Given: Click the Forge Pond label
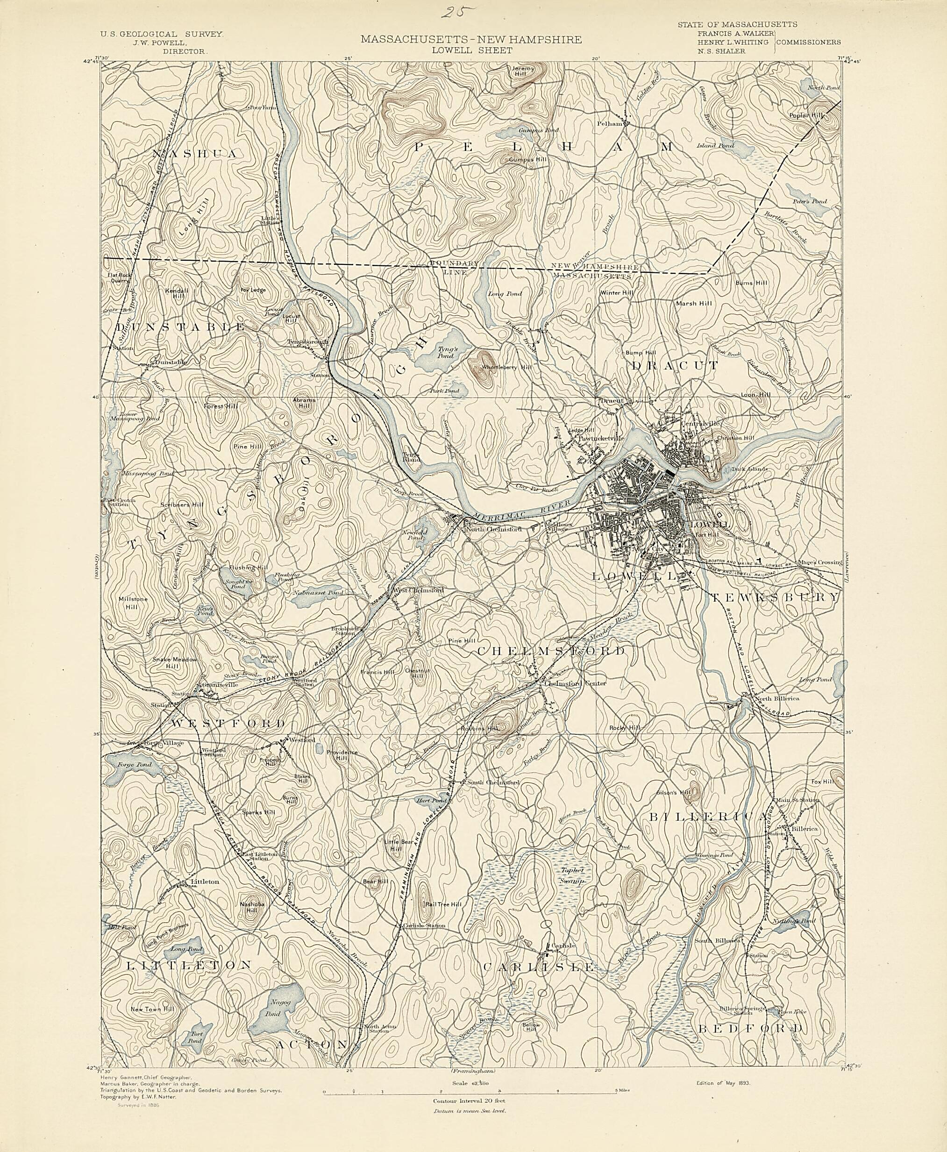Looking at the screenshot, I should pyautogui.click(x=130, y=765).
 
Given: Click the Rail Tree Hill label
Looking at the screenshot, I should pyautogui.click(x=443, y=904).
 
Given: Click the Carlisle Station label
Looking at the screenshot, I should pyautogui.click(x=424, y=925).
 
